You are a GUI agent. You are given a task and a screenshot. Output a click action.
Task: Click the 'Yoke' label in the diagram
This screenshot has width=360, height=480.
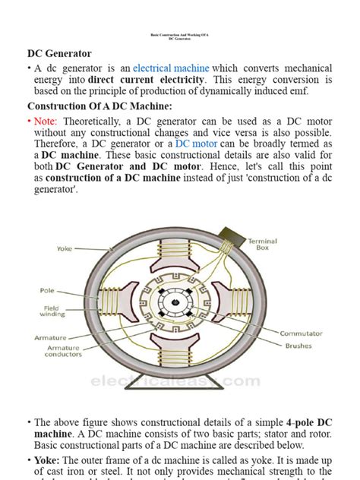click(65, 248)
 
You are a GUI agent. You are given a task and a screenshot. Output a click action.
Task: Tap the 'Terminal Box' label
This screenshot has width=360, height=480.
click(262, 245)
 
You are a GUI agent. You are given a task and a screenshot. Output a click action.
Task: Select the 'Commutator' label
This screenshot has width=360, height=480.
click(301, 333)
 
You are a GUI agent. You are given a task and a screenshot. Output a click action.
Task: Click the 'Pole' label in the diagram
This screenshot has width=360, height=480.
click(47, 290)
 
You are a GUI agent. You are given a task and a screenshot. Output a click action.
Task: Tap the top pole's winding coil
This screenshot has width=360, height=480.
click(179, 258)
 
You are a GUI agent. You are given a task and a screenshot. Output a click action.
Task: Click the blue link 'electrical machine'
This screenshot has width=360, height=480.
click(171, 68)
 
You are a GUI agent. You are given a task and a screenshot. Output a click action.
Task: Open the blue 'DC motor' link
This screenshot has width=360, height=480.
click(195, 144)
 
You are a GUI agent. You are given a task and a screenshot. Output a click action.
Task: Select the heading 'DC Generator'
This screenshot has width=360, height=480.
click(59, 53)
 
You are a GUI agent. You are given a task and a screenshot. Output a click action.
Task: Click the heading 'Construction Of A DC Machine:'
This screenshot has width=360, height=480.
click(99, 106)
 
